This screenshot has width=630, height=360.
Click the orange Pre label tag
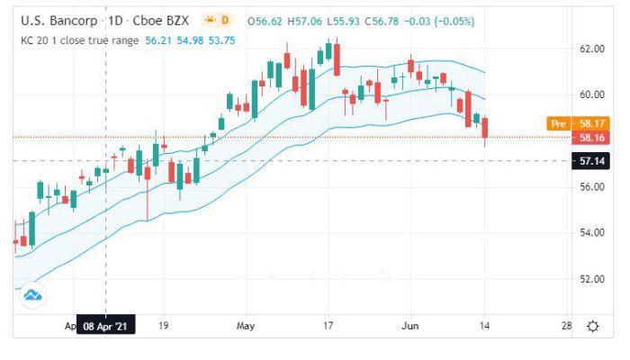(x=558, y=123)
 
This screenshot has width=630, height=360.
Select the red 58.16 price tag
(x=591, y=138)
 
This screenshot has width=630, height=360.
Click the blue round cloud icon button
(x=33, y=294)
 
